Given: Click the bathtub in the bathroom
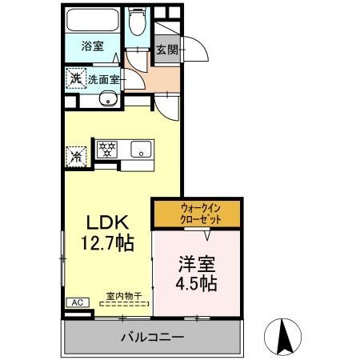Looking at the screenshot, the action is point(92,20).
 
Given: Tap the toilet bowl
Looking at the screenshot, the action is point(138,22).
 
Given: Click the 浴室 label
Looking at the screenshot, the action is point(92,46).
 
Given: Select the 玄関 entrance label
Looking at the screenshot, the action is point(167,50).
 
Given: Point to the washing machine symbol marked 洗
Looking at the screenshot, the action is point(76,78).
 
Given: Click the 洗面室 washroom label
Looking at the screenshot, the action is point(103,79).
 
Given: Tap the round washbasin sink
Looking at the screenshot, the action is point(108,98).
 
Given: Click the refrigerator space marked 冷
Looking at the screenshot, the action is point(76,157).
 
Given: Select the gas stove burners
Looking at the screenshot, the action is point(107,150).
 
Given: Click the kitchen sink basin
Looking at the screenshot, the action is point(141,149).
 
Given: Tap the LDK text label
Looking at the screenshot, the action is point(107,222).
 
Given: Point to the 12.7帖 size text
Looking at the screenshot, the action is point(107,243).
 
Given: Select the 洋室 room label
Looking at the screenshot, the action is point(197,264).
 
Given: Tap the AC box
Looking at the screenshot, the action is point(78,302).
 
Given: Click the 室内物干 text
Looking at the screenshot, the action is point(124,296).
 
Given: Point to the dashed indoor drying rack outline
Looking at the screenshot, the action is point(124,303).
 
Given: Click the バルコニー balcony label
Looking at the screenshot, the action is point(153,338).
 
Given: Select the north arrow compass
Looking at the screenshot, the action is point(282,337).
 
